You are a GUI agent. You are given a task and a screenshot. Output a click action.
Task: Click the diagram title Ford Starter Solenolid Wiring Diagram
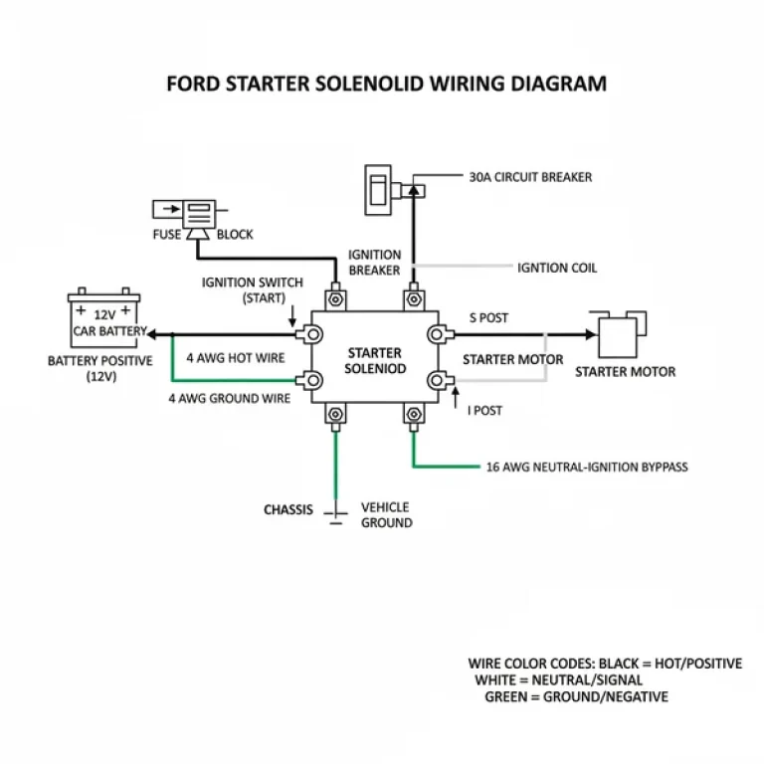(386, 84)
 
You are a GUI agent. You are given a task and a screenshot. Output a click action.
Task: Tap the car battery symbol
(105, 317)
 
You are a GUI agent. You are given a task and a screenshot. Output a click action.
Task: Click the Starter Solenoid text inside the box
(375, 360)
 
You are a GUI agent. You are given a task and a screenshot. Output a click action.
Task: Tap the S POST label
(488, 318)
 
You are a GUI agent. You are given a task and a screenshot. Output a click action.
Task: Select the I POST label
(487, 409)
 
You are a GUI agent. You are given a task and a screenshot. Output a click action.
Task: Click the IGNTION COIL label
(557, 268)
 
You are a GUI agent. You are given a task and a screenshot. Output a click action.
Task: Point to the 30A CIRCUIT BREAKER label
(530, 177)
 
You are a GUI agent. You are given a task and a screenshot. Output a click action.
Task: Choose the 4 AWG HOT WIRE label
(236, 357)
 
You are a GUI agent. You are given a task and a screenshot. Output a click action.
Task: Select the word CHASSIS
(288, 509)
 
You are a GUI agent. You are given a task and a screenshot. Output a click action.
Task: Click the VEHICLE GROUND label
(386, 514)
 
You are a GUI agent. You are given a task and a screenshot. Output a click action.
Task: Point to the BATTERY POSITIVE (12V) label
(99, 368)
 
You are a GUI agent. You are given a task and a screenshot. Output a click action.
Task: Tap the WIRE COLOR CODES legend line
(605, 664)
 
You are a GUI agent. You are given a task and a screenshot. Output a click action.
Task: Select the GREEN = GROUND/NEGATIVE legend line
(576, 697)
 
